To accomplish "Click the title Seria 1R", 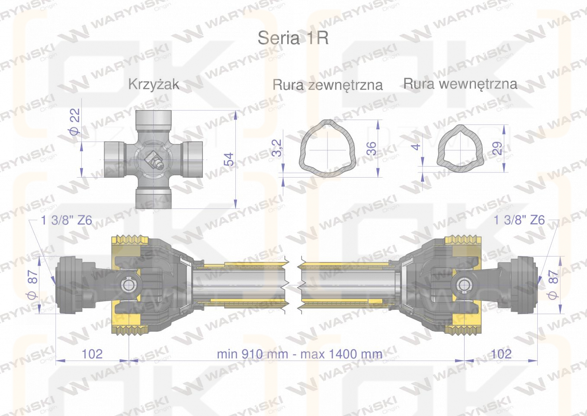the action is click(293, 38).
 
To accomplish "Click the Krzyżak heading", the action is click(154, 84).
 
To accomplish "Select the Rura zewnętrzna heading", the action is click(327, 85).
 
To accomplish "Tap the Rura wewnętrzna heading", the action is click(460, 84).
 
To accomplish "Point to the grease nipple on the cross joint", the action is click(154, 161).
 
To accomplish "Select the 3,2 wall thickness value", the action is click(277, 148).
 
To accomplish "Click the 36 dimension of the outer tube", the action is click(372, 148).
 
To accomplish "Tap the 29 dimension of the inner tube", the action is click(497, 148).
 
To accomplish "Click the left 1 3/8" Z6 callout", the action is click(67, 220).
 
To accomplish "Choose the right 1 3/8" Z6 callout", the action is click(519, 220).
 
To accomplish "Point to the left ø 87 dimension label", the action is click(33, 285).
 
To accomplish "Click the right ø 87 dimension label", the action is click(553, 285).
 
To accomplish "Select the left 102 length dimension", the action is click(92, 354).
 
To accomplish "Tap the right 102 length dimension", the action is click(501, 354).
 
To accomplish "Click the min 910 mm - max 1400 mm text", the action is click(299, 354).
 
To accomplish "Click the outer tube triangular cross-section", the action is click(327, 149).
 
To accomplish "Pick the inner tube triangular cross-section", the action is click(460, 149).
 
